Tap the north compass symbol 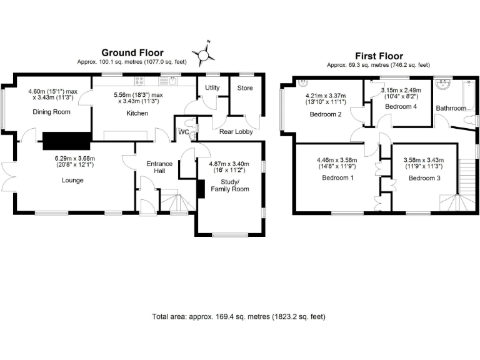[203, 54]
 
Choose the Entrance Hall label [159, 167]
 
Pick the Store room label [245, 88]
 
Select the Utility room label [212, 88]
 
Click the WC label [184, 132]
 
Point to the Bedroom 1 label [337, 177]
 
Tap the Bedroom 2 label [325, 114]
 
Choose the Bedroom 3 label [424, 177]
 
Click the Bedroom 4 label [401, 107]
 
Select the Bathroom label [451, 108]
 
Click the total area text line [239, 316]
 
